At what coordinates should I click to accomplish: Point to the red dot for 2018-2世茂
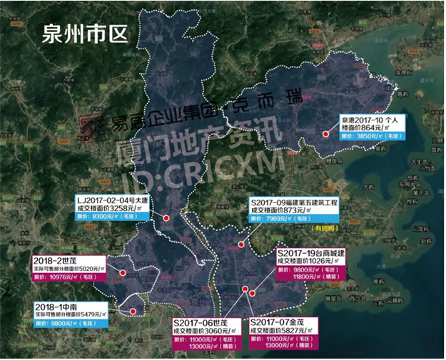[x=122, y=272]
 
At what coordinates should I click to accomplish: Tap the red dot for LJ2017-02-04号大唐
[x=166, y=218]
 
